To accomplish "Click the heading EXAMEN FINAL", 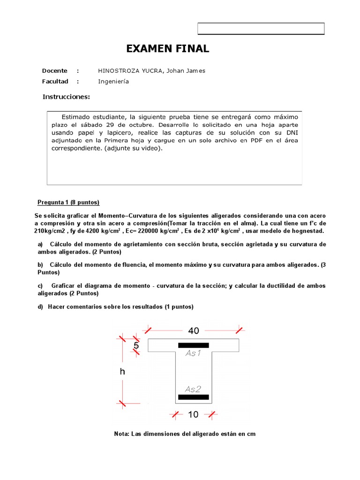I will (x=168, y=49).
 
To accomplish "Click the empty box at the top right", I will (x=261, y=29).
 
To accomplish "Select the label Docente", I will (x=54, y=71).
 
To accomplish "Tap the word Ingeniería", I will (x=113, y=82).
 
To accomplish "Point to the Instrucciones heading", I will (x=66, y=97).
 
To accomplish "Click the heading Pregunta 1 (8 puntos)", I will (x=68, y=202).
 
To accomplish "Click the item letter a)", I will (x=40, y=245).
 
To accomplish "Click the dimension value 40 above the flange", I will (x=194, y=330).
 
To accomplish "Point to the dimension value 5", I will (x=136, y=345).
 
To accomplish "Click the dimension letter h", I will (x=123, y=372).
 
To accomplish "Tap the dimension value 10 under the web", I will (x=194, y=414).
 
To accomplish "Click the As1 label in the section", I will (x=193, y=353).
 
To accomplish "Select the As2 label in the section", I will (x=193, y=389).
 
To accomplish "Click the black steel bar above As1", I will (x=193, y=345).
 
